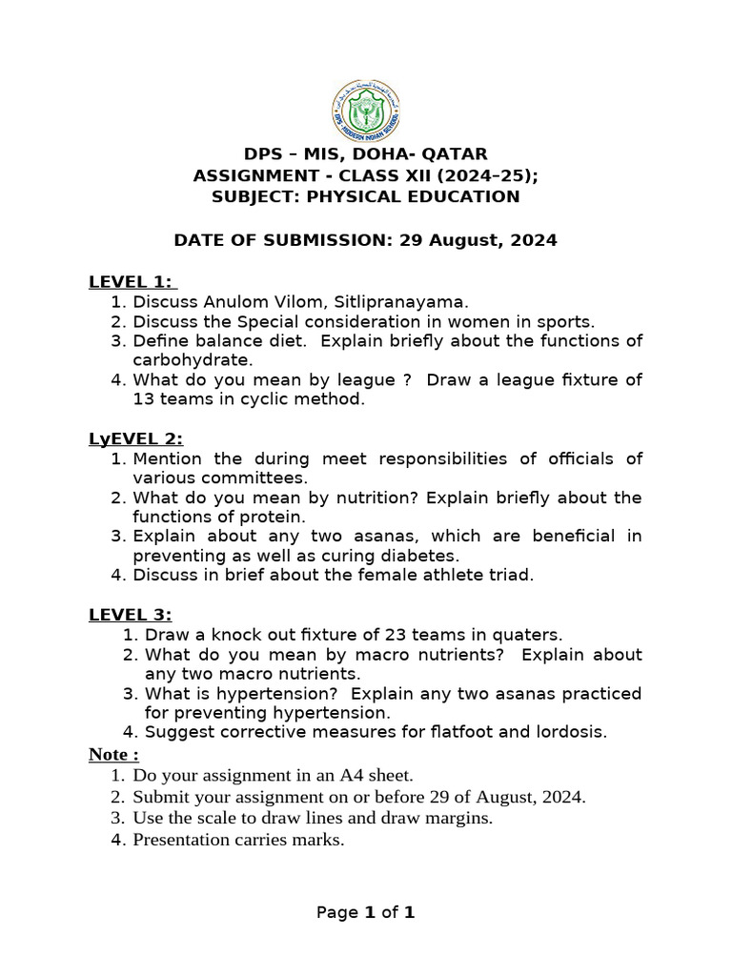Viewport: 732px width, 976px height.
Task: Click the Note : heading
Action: coord(114,754)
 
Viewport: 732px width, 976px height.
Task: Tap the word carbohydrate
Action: coord(193,360)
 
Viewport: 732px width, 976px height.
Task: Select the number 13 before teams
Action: coord(144,399)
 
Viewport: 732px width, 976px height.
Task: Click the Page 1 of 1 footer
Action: coord(366,913)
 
